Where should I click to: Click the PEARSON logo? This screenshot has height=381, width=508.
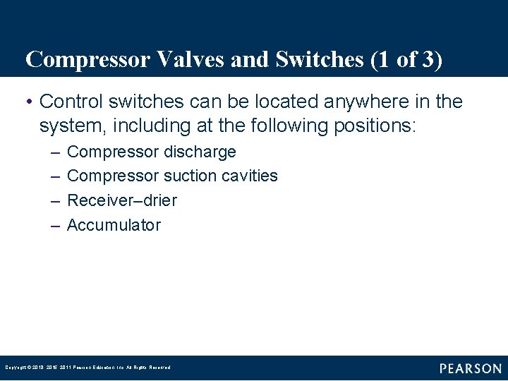click(x=471, y=368)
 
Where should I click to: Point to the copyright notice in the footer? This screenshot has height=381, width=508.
click(x=87, y=368)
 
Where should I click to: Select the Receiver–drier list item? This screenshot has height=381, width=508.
click(x=121, y=200)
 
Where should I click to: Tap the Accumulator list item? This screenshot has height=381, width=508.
click(x=114, y=225)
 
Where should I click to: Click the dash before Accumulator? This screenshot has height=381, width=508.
click(x=56, y=226)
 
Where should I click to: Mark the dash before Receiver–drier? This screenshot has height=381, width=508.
click(x=56, y=201)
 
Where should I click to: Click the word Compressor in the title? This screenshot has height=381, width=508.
click(x=87, y=60)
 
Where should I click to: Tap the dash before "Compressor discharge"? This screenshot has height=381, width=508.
click(x=56, y=152)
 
